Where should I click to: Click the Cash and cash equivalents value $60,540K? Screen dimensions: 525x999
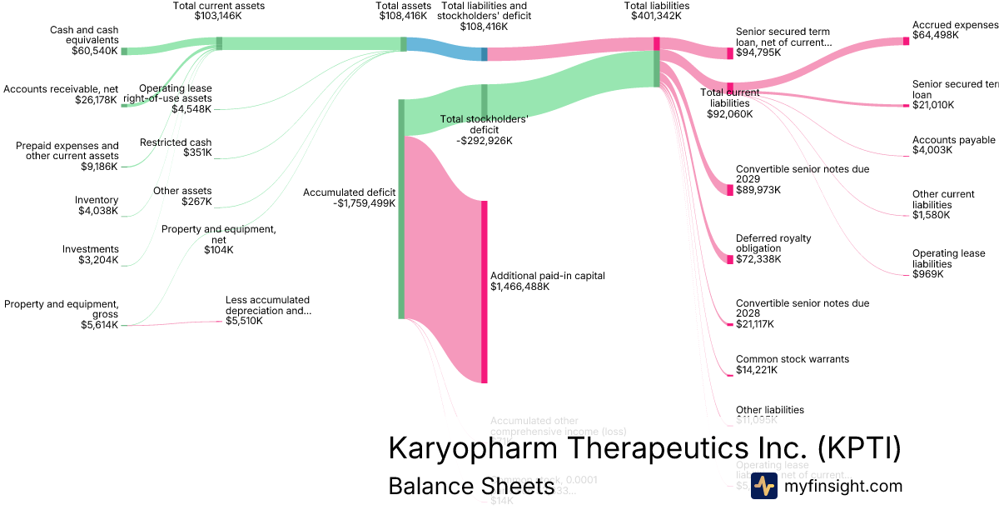point(95,51)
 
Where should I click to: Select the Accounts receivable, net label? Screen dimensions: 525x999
point(60,89)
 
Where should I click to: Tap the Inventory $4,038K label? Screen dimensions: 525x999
point(97,206)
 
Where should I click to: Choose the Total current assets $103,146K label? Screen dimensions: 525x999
point(219,10)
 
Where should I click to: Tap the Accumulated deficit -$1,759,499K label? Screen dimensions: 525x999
point(349,197)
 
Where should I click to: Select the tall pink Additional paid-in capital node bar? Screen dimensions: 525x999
point(484,292)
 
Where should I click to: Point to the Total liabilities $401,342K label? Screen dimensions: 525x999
point(656,10)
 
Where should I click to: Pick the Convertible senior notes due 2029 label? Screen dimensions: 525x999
point(802,178)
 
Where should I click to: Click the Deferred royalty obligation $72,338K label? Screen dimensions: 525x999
point(773,248)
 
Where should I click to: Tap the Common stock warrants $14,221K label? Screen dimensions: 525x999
point(792,364)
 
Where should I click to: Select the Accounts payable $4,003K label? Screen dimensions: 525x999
point(953,145)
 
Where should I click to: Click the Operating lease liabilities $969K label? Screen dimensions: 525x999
point(948,263)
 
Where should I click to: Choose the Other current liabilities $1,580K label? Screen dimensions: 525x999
point(942,204)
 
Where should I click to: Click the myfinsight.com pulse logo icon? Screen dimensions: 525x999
point(763,486)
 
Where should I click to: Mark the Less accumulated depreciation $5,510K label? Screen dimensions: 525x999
point(267,310)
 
